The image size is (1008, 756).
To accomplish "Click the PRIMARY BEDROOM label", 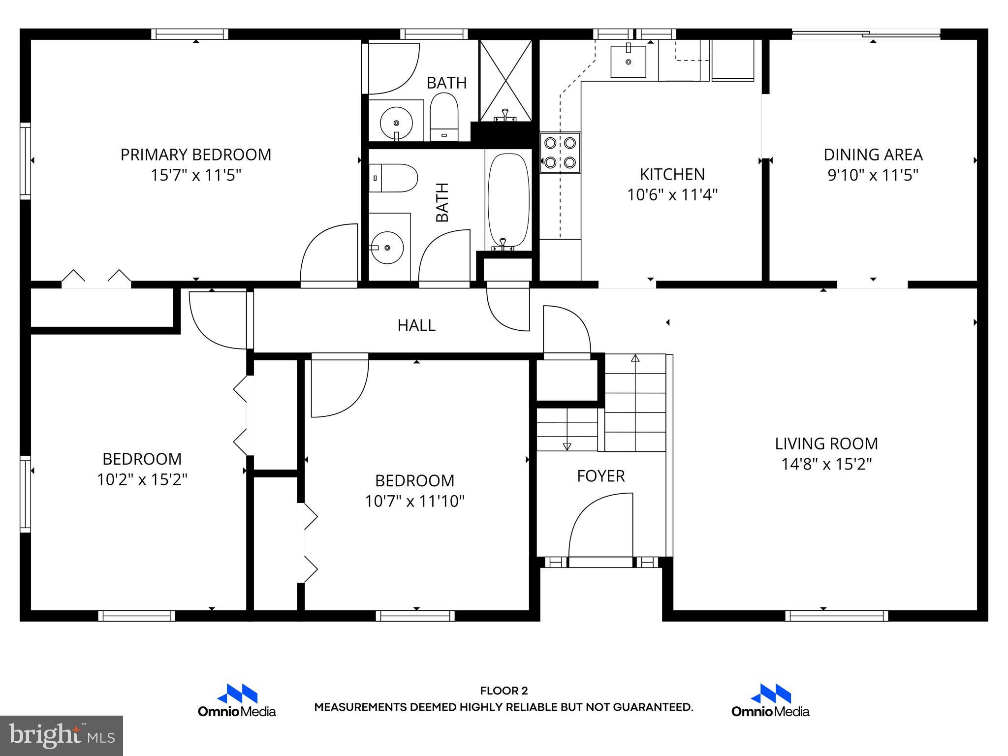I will point(196,155).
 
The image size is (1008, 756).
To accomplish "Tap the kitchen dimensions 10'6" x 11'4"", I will point(672,195).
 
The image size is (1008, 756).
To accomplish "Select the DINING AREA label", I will point(873,155).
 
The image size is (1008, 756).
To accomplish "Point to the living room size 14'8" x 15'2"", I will point(826,464).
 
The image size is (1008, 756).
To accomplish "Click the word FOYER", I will point(601,476).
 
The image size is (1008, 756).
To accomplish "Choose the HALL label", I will point(416,325).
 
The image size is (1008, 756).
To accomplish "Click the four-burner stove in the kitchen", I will point(560,153).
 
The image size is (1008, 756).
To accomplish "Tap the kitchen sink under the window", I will point(628,61).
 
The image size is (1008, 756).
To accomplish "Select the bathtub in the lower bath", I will point(508,199).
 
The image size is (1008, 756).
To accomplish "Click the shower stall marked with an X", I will point(505,80).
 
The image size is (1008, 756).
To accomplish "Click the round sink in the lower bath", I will point(387,248).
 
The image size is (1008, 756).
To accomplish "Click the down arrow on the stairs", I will point(567,446).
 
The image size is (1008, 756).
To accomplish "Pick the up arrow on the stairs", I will point(635,358).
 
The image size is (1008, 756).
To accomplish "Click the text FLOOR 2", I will point(504,691).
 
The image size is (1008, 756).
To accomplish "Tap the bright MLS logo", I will point(62,736).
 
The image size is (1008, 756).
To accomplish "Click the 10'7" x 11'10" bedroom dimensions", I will point(414,502).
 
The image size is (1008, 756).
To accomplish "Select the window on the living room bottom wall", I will point(836,616).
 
